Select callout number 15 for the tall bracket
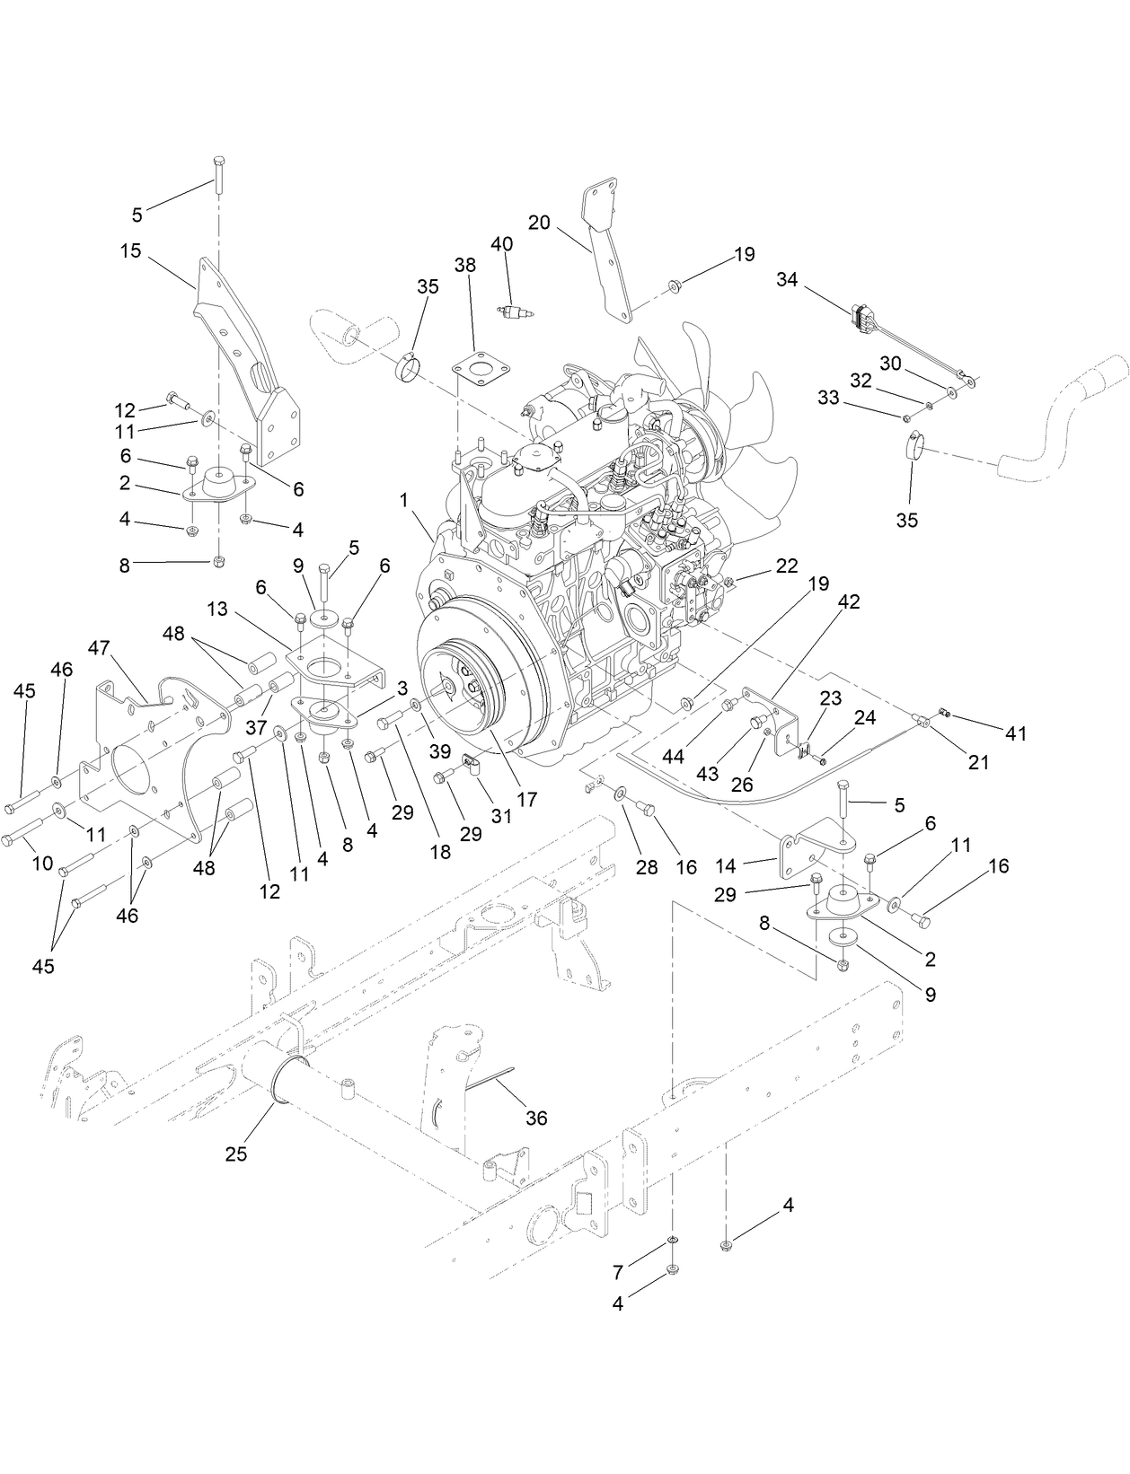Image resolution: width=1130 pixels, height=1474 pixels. (x=131, y=250)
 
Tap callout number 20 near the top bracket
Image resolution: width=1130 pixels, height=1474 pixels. (x=539, y=222)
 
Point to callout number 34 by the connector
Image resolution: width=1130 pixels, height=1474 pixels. (x=787, y=280)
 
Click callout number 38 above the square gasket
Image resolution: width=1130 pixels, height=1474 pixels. (x=465, y=266)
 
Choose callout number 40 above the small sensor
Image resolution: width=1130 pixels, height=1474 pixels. (x=502, y=244)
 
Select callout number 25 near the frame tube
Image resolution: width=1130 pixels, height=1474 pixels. (x=235, y=1154)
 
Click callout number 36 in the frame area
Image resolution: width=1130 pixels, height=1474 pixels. (x=536, y=1119)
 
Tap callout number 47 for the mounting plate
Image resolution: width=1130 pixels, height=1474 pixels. (x=99, y=647)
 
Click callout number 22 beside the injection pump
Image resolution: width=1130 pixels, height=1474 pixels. (x=787, y=566)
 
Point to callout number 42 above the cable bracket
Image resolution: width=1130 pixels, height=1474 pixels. (x=849, y=602)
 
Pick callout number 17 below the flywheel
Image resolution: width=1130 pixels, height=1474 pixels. (x=527, y=798)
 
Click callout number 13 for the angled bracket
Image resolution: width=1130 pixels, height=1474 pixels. (x=217, y=610)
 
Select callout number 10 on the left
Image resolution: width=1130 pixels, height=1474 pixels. (x=42, y=864)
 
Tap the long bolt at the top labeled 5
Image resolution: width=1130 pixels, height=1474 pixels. (x=217, y=171)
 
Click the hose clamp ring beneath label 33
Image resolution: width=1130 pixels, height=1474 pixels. (x=914, y=443)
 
